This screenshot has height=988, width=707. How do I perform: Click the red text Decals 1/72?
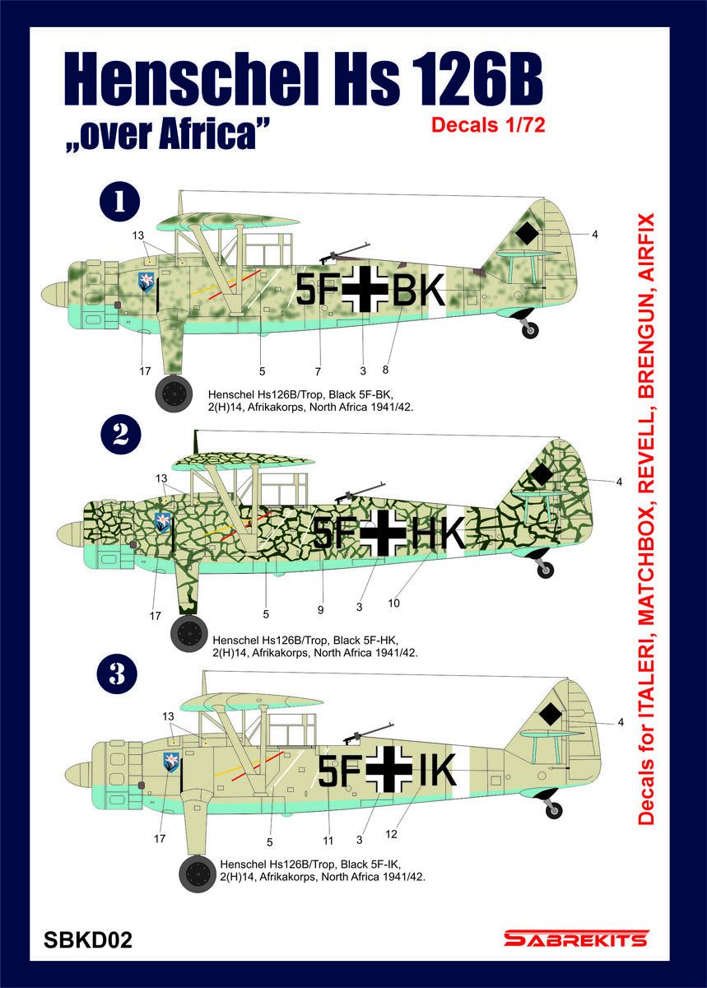point(489,126)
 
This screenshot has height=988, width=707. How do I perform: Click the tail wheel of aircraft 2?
point(544,570)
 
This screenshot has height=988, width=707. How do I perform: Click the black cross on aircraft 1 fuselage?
point(362,289)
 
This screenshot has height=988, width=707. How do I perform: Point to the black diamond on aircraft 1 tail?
point(527,235)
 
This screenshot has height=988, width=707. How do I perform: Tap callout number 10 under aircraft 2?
point(393,604)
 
